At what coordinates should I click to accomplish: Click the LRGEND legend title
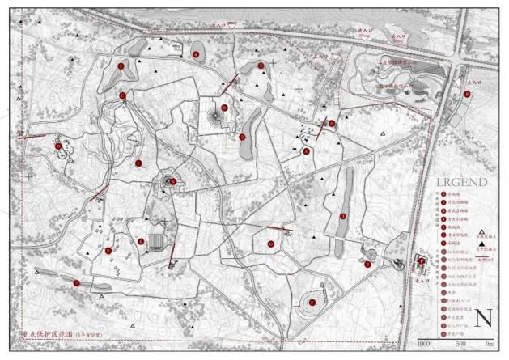click(x=461, y=182)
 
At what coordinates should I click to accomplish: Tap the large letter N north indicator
click(x=484, y=318)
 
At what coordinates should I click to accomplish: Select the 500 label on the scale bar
click(x=458, y=344)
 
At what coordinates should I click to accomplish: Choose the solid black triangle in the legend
click(x=478, y=241)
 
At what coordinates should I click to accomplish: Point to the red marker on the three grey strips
click(x=75, y=282)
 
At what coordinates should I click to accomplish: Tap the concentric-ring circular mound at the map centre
click(x=170, y=183)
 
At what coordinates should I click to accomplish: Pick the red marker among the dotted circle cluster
click(x=58, y=146)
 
